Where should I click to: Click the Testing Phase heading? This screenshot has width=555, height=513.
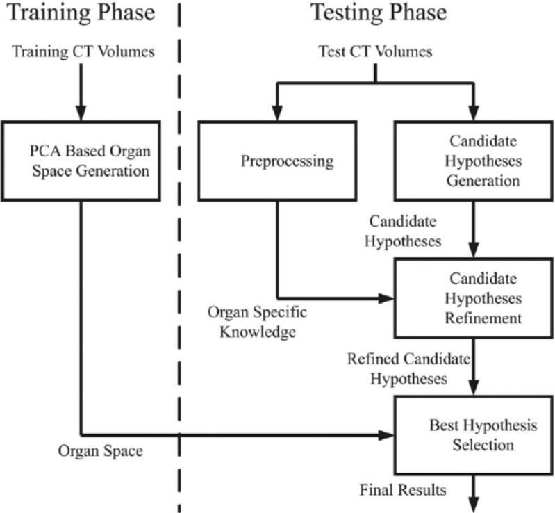click(x=378, y=13)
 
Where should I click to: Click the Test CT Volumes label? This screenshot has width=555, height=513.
click(x=375, y=51)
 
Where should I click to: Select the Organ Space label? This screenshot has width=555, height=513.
click(x=101, y=451)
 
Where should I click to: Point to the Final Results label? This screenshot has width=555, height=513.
click(x=403, y=490)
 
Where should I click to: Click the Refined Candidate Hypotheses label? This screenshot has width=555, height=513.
click(x=408, y=368)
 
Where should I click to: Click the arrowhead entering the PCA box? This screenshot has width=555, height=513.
click(x=81, y=115)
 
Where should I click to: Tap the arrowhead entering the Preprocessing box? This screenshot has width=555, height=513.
click(x=278, y=115)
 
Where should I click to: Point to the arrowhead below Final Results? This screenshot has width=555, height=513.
click(x=474, y=505)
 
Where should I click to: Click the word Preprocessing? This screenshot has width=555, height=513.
click(x=287, y=162)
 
